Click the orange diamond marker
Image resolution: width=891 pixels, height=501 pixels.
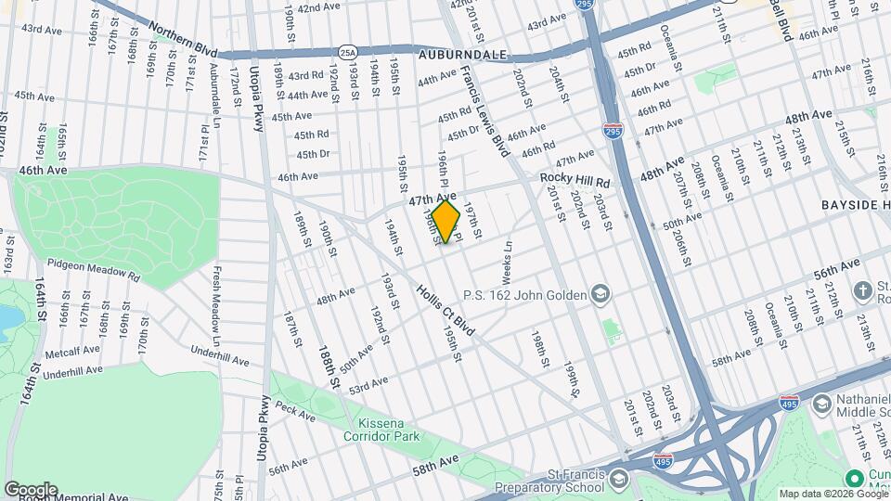click(445, 222)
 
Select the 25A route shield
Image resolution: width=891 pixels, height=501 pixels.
click(346, 52)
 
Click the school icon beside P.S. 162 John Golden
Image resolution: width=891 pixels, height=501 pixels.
click(600, 295)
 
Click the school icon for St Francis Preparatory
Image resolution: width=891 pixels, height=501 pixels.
click(619, 479)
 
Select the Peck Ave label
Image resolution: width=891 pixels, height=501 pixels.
click(295, 408)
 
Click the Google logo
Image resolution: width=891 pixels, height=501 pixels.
click(31, 490)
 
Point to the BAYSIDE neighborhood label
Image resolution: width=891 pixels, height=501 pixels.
click(855, 203)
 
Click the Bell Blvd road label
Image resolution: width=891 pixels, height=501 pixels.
click(781, 20)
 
